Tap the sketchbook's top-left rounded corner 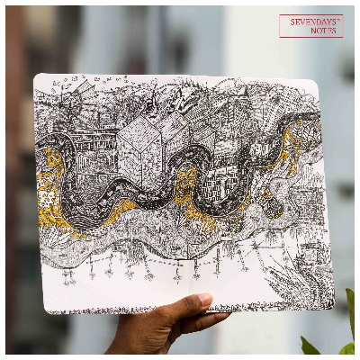pos(39,79)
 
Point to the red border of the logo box pos(280,26)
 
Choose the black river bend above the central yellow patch pos(180,171)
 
